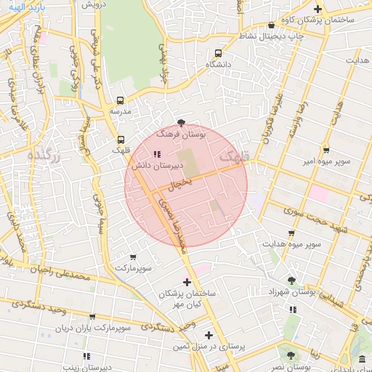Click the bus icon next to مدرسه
[x=121, y=101]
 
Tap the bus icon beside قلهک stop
[x=121, y=139]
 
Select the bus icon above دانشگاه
[x=219, y=54]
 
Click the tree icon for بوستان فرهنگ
[x=181, y=123]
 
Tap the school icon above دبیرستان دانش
[x=157, y=154]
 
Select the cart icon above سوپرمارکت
[x=133, y=257]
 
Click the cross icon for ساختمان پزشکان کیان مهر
[x=187, y=281]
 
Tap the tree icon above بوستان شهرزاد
[x=291, y=280]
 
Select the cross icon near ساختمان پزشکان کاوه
[x=318, y=8]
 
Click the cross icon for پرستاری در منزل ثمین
[x=209, y=335]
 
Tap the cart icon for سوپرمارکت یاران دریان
[x=92, y=317]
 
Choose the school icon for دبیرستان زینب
[x=86, y=356]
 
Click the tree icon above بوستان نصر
[x=291, y=356]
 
